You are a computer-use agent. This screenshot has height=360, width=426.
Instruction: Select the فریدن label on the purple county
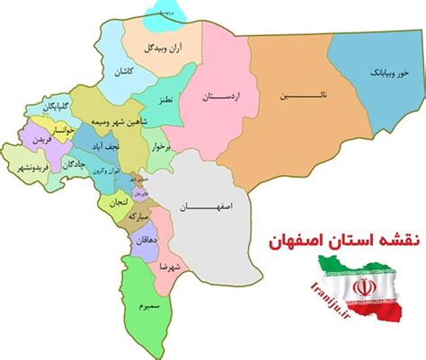[x=32, y=142]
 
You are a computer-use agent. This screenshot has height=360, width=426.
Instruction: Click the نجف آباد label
[x=95, y=143]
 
